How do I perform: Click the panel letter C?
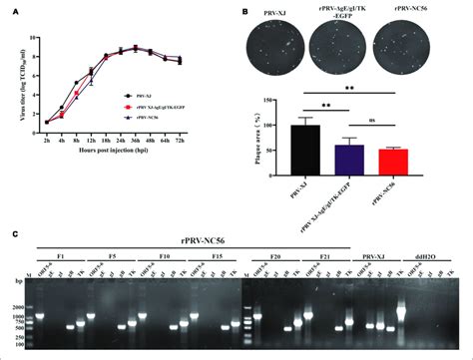15,236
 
